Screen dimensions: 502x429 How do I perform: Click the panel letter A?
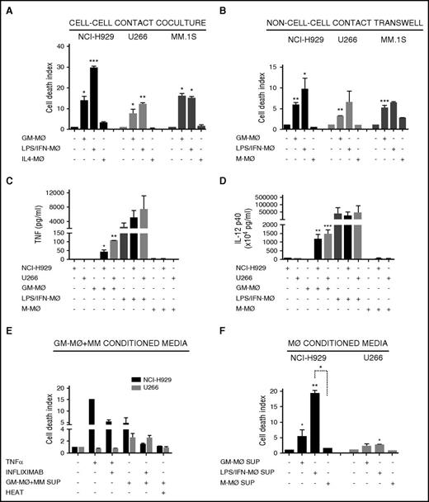(7, 9)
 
